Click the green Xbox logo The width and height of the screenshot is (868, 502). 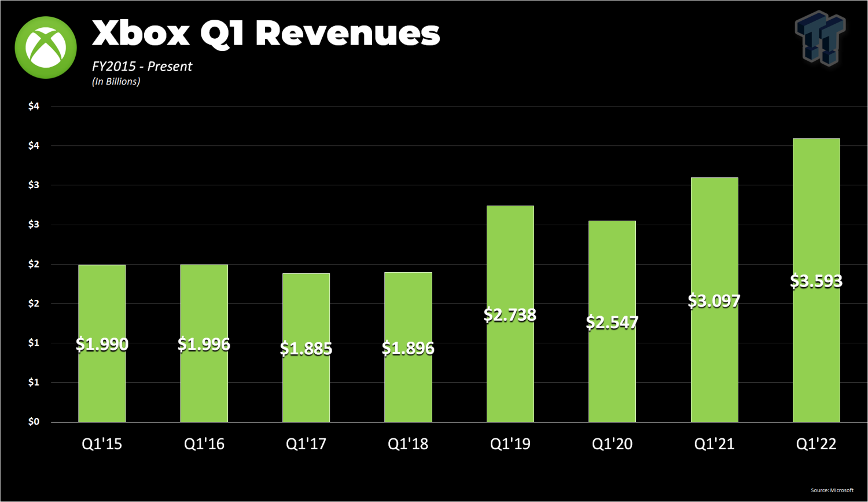(46, 47)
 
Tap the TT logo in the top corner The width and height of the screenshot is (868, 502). (820, 38)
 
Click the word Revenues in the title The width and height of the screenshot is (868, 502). (347, 33)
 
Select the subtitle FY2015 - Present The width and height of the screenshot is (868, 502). (142, 67)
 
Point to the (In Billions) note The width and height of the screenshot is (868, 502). (116, 82)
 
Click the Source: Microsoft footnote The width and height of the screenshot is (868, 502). (832, 490)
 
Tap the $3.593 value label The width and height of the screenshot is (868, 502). (816, 281)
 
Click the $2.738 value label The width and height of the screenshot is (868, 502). (510, 315)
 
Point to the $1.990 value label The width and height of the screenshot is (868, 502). (102, 345)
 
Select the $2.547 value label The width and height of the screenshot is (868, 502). (612, 323)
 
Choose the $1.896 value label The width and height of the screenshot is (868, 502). (408, 349)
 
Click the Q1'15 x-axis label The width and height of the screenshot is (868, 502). (102, 444)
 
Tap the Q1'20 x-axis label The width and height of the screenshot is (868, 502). (612, 444)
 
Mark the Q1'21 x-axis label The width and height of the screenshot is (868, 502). (714, 444)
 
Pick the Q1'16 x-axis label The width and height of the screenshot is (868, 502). (204, 444)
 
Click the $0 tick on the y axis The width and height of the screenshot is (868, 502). (34, 422)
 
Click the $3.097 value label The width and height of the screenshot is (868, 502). (714, 301)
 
